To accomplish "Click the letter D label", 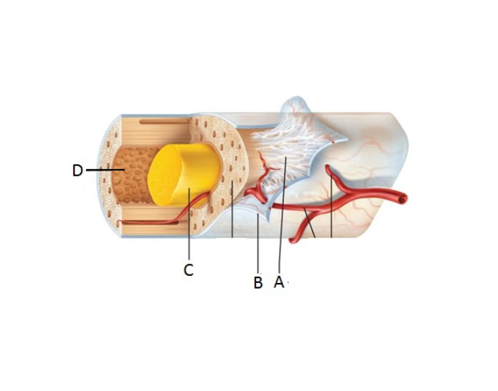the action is [78, 171].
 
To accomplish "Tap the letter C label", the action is [189, 270].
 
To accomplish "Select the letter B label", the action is [258, 282].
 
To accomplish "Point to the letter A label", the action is [279, 282].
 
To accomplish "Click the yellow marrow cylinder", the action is [184, 174].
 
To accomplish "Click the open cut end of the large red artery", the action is [403, 199].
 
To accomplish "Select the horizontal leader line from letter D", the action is [105, 170].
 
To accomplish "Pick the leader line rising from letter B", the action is [258, 243].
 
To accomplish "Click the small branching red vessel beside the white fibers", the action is [260, 181].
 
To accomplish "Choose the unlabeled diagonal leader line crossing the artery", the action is [309, 223].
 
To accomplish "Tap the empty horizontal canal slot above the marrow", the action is [164, 122].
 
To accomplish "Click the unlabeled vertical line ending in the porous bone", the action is [233, 209].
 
